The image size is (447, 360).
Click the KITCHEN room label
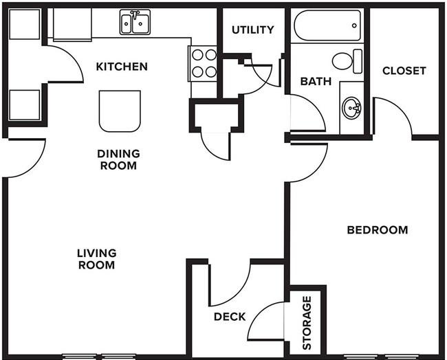[x=122, y=67]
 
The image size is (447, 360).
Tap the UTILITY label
[x=253, y=30]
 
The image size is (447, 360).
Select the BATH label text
[x=316, y=82]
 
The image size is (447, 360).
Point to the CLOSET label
[x=404, y=71]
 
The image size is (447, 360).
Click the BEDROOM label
[x=378, y=230]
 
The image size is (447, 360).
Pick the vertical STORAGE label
[x=307, y=323]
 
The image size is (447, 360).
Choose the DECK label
[x=230, y=317]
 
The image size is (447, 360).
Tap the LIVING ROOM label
[x=97, y=259]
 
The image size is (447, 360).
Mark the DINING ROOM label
[x=118, y=159]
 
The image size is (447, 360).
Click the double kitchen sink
[x=135, y=22]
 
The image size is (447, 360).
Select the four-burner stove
[x=204, y=63]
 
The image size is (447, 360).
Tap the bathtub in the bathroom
[x=327, y=25]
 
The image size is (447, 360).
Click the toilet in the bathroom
[x=347, y=61]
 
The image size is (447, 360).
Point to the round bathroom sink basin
[x=351, y=109]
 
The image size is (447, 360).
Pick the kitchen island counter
[x=120, y=111]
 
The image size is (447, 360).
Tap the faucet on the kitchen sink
[x=135, y=14]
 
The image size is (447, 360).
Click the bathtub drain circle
[x=354, y=25]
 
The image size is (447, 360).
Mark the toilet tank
[x=358, y=61]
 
